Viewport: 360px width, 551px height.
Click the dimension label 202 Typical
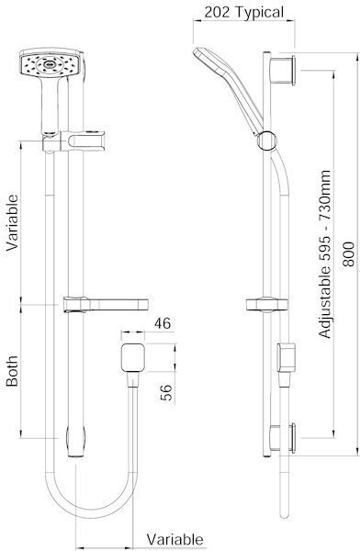click(x=243, y=12)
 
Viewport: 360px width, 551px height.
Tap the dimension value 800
click(x=348, y=253)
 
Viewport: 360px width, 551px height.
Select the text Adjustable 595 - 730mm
click(x=324, y=254)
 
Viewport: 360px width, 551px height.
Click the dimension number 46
click(x=163, y=323)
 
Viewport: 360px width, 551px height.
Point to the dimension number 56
click(x=166, y=392)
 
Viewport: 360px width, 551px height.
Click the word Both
click(x=12, y=371)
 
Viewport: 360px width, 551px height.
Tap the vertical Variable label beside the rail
click(x=12, y=223)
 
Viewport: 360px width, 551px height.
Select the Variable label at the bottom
click(x=174, y=539)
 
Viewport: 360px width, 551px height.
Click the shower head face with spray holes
click(x=51, y=63)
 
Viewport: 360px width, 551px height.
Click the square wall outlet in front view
click(x=133, y=357)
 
